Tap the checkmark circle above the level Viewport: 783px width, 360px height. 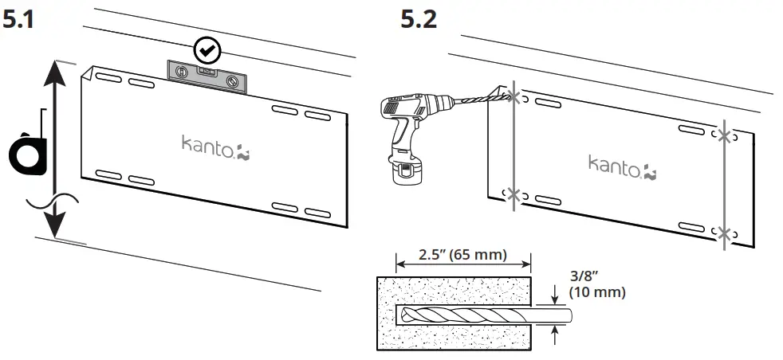coord(207,51)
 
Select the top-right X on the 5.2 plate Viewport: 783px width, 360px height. coord(724,135)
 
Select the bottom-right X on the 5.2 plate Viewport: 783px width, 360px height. coord(724,233)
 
